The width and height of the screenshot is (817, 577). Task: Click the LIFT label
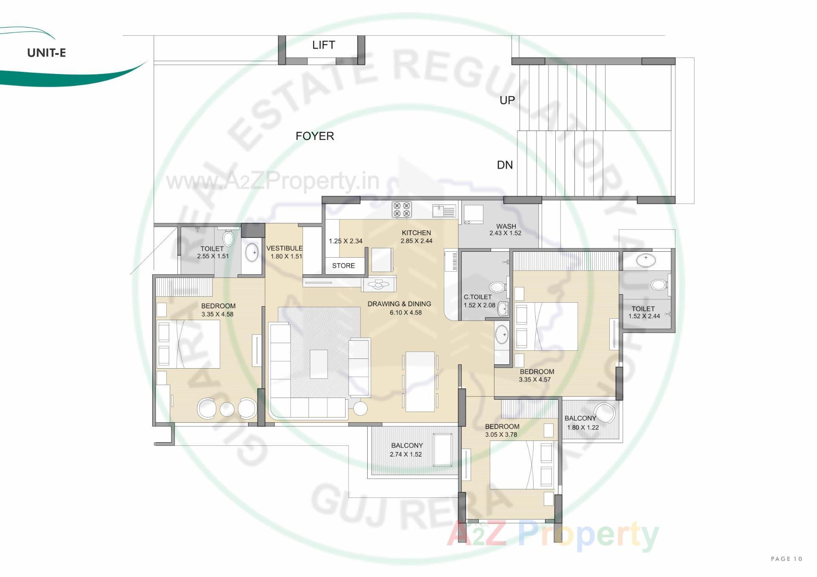[323, 45]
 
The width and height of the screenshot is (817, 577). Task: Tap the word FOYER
[315, 136]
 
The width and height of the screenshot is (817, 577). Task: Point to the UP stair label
[507, 100]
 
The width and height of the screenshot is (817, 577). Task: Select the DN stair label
[505, 165]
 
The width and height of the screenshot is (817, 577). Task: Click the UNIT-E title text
[46, 53]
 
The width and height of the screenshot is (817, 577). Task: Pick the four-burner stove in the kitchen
[402, 210]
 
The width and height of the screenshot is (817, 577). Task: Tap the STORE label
[343, 266]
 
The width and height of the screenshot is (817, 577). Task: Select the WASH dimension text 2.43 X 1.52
[505, 233]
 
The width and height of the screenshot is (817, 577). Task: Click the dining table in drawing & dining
[420, 381]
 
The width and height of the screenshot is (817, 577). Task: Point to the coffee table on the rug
[319, 364]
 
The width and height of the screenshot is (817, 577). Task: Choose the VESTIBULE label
[284, 248]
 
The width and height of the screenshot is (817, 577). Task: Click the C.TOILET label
[477, 297]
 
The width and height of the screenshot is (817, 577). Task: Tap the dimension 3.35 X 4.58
[217, 315]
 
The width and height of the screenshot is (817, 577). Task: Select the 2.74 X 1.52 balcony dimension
[406, 455]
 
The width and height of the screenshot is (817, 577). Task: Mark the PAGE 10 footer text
[786, 559]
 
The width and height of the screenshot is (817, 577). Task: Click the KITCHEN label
[416, 233]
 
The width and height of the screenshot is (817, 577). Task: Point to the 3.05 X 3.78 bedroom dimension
[501, 435]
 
